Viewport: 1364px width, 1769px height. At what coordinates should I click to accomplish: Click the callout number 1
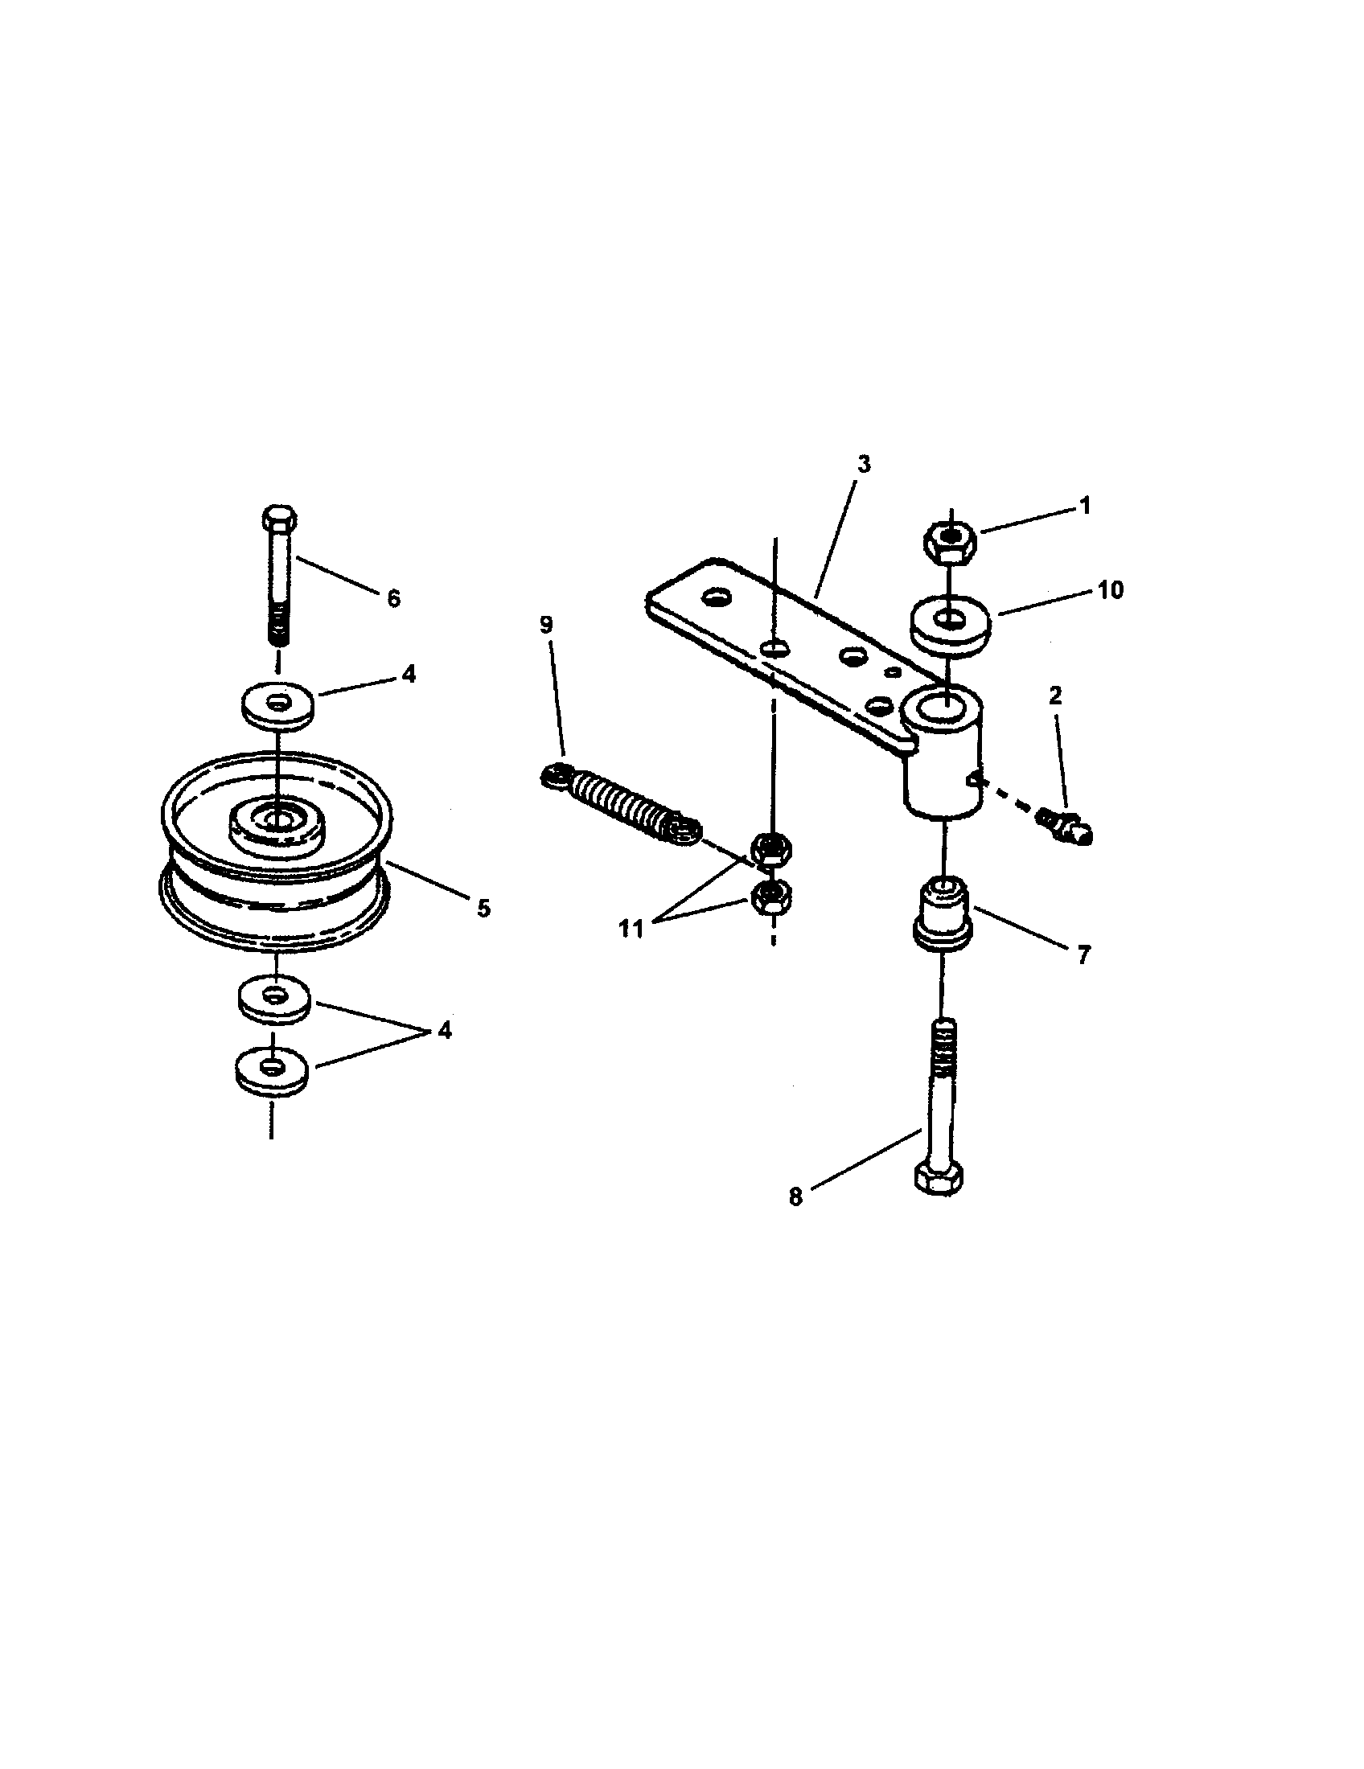coord(1086,506)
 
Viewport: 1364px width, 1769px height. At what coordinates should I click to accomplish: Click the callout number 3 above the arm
coord(864,464)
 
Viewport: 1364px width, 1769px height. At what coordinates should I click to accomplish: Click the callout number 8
coord(795,1197)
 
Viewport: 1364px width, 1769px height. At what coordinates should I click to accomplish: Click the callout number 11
coord(631,929)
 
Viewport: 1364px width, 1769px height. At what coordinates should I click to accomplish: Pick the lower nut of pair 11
coord(772,897)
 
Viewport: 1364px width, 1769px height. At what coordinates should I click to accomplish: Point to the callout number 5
coord(483,908)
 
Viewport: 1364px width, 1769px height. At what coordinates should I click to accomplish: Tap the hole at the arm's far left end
coord(715,599)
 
